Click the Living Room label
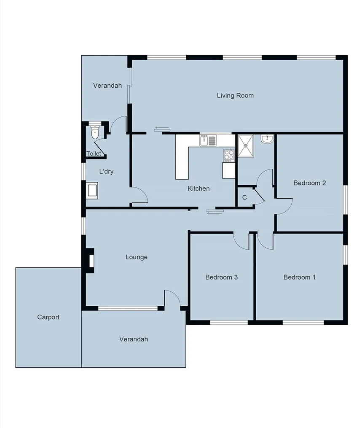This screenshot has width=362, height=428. coord(235,96)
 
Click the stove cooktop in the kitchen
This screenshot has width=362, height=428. coord(229,156)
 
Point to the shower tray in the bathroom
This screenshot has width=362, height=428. coord(246,145)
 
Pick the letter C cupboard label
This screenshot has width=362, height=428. coord(244,198)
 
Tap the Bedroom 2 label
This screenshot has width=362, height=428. coord(310,183)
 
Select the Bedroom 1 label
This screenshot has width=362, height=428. coord(299,277)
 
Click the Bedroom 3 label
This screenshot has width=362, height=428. coord(222,277)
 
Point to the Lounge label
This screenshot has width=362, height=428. coord(137,257)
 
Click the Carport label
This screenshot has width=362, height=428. coord(48,318)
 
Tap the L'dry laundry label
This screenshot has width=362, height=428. coord(106,172)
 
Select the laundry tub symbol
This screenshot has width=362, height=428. coord(91,190)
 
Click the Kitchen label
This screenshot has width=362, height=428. coord(198,188)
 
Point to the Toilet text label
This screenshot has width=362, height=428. coord(94,154)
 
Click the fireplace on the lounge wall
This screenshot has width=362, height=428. coord(90,258)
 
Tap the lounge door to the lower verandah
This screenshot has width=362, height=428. coord(172,299)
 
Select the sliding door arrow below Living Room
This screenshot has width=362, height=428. coord(162,129)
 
